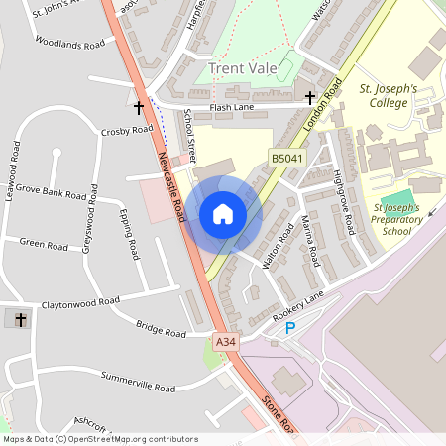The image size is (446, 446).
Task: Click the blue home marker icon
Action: point(223,214)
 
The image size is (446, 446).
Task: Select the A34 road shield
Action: point(226,341)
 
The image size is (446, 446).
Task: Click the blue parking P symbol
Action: point(290,328)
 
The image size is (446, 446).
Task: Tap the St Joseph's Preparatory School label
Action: point(396,219)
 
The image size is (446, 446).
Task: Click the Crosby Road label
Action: point(127,130)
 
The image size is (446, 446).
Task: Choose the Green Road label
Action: point(43,243)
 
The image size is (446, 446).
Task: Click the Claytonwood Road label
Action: point(76,300)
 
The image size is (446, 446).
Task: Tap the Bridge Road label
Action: point(161,329)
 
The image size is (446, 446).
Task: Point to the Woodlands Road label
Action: point(69,45)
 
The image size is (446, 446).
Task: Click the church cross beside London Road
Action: point(310,97)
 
